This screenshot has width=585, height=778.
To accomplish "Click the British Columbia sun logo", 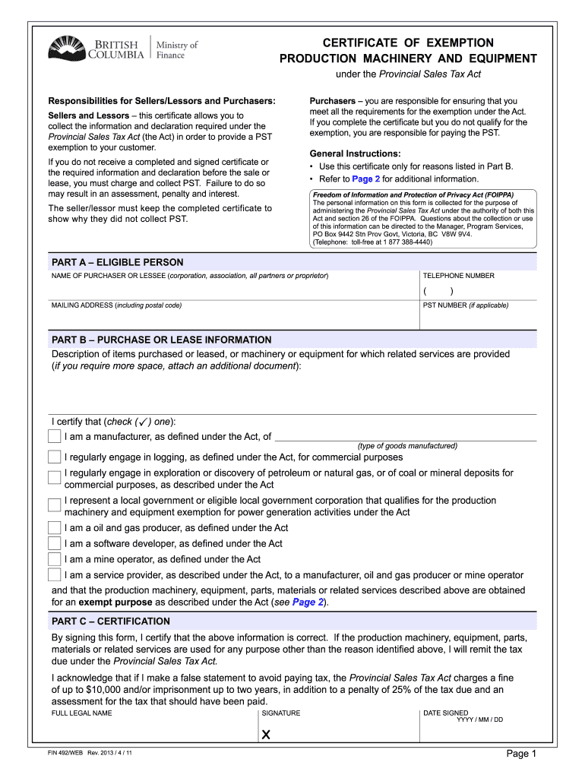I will point(67,51).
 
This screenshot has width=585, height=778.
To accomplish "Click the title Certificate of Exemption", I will point(409,43).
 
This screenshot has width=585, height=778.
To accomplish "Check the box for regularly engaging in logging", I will point(54,457).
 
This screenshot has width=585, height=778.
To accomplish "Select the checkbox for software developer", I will point(54,544).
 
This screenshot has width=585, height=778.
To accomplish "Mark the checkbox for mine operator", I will point(54,560).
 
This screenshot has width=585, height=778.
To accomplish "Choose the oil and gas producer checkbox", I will point(54,528).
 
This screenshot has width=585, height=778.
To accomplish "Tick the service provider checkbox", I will point(54,575).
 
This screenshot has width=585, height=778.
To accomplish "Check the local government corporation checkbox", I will point(54,506).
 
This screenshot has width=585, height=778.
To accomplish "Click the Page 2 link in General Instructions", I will point(365,179).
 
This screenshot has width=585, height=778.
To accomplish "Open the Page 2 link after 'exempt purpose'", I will point(308,602).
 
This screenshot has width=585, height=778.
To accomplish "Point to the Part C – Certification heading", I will point(110,621).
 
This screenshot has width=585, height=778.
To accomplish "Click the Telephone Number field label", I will point(458,276).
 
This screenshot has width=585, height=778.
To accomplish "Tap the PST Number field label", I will point(466,305).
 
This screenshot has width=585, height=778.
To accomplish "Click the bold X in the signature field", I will point(266,735).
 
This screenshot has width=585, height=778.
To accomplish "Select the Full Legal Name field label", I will point(81,713).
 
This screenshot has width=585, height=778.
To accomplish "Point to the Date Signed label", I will point(445,713).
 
